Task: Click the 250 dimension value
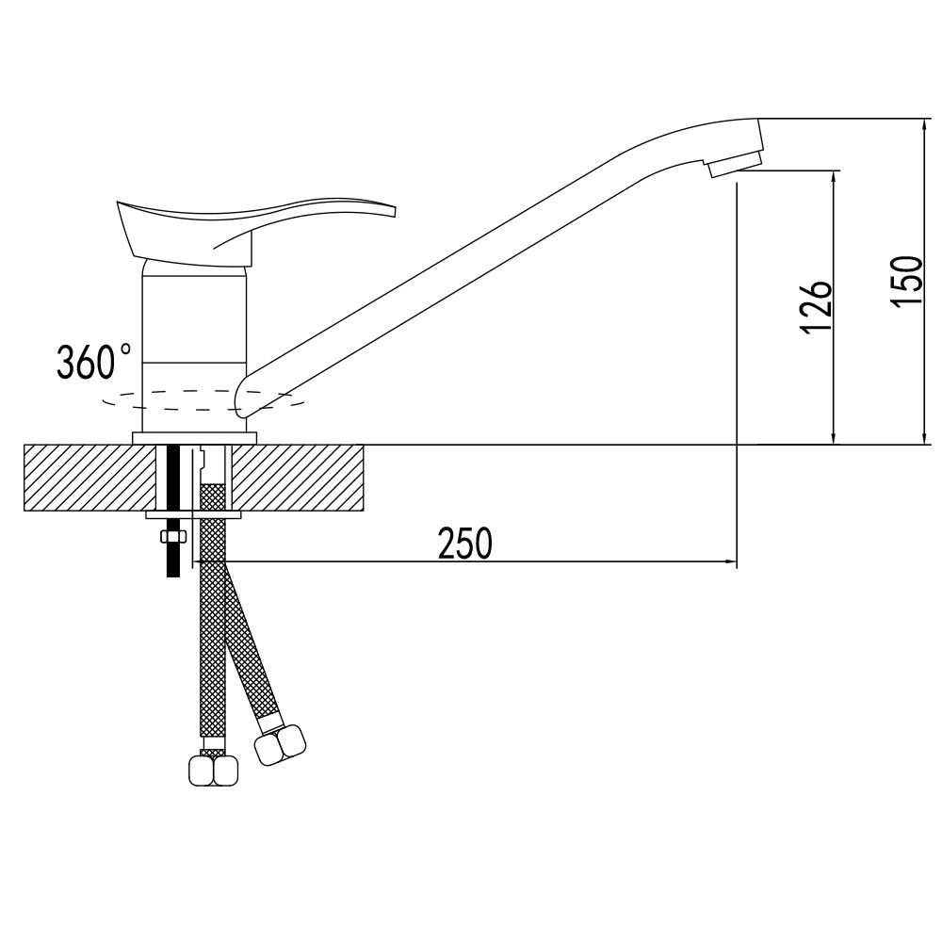[x=465, y=544]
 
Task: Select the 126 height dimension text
[x=816, y=306]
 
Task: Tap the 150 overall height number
[x=906, y=283]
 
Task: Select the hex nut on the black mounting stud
[x=173, y=536]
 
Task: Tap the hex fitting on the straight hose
[x=214, y=770]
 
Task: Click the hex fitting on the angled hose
[x=280, y=745]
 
